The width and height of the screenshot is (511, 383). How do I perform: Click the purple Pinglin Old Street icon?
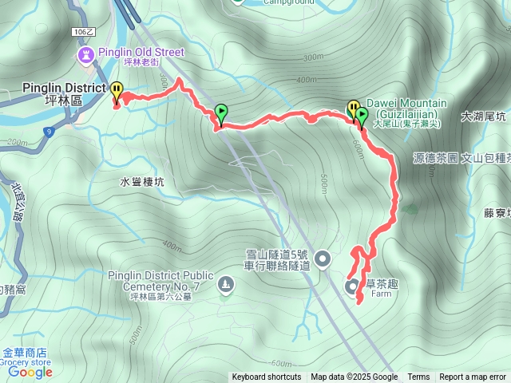[85, 54]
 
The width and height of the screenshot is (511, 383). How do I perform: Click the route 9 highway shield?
[49, 131]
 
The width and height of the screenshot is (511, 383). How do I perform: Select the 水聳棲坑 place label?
[142, 182]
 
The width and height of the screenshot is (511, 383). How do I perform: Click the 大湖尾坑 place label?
[483, 116]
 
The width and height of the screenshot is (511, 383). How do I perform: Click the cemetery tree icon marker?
[227, 285]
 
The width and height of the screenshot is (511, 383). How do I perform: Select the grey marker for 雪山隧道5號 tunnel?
[323, 258]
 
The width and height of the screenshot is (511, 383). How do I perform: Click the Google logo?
[30, 372]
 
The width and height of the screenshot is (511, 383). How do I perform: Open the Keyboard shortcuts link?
[267, 377]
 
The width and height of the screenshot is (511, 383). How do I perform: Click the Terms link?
[418, 377]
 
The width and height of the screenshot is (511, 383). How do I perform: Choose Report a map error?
[472, 377]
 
